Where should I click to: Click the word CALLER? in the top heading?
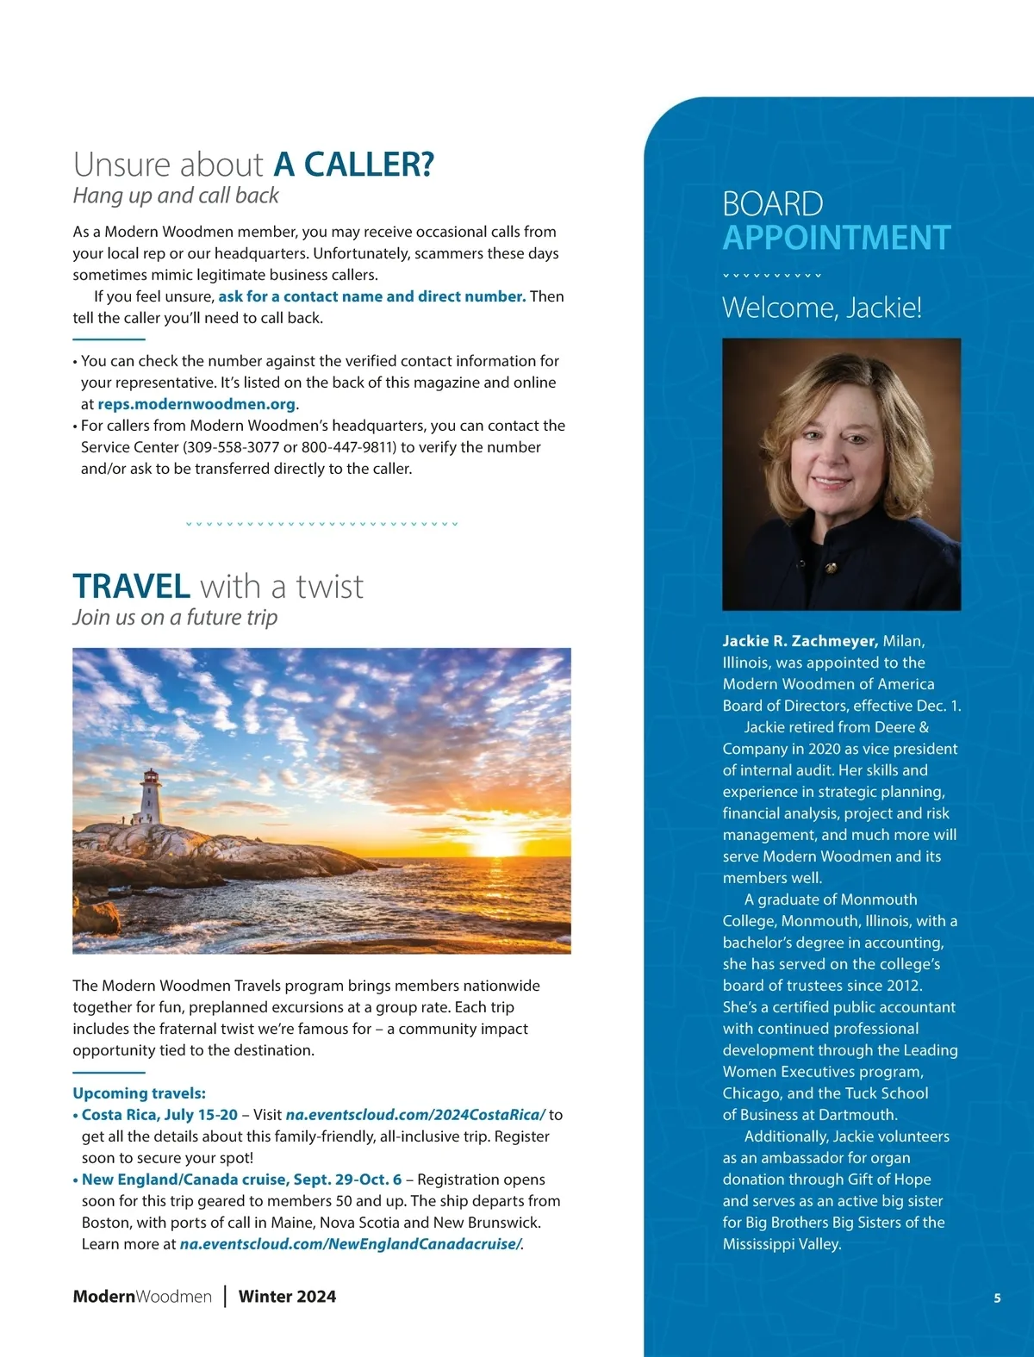pyautogui.click(x=353, y=165)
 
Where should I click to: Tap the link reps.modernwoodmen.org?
pyautogui.click(x=196, y=404)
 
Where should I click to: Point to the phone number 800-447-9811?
pyautogui.click(x=349, y=447)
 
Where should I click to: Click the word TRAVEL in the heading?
pyautogui.click(x=131, y=587)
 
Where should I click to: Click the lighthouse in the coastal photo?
pyautogui.click(x=152, y=796)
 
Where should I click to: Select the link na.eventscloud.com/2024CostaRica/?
pyautogui.click(x=415, y=1115)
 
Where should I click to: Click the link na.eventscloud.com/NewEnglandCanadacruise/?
pyautogui.click(x=350, y=1244)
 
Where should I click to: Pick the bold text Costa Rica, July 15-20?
pyautogui.click(x=159, y=1115)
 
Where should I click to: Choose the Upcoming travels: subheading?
pyautogui.click(x=139, y=1093)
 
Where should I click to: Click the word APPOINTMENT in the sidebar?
pyautogui.click(x=836, y=238)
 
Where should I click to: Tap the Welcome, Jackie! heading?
pyautogui.click(x=821, y=308)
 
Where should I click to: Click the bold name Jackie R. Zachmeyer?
pyautogui.click(x=800, y=641)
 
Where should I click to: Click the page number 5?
pyautogui.click(x=997, y=1298)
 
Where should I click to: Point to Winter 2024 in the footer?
pyautogui.click(x=287, y=1297)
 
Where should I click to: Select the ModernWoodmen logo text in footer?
pyautogui.click(x=142, y=1297)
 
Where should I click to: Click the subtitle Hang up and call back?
pyautogui.click(x=176, y=196)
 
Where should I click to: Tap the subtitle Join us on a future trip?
pyautogui.click(x=175, y=618)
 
